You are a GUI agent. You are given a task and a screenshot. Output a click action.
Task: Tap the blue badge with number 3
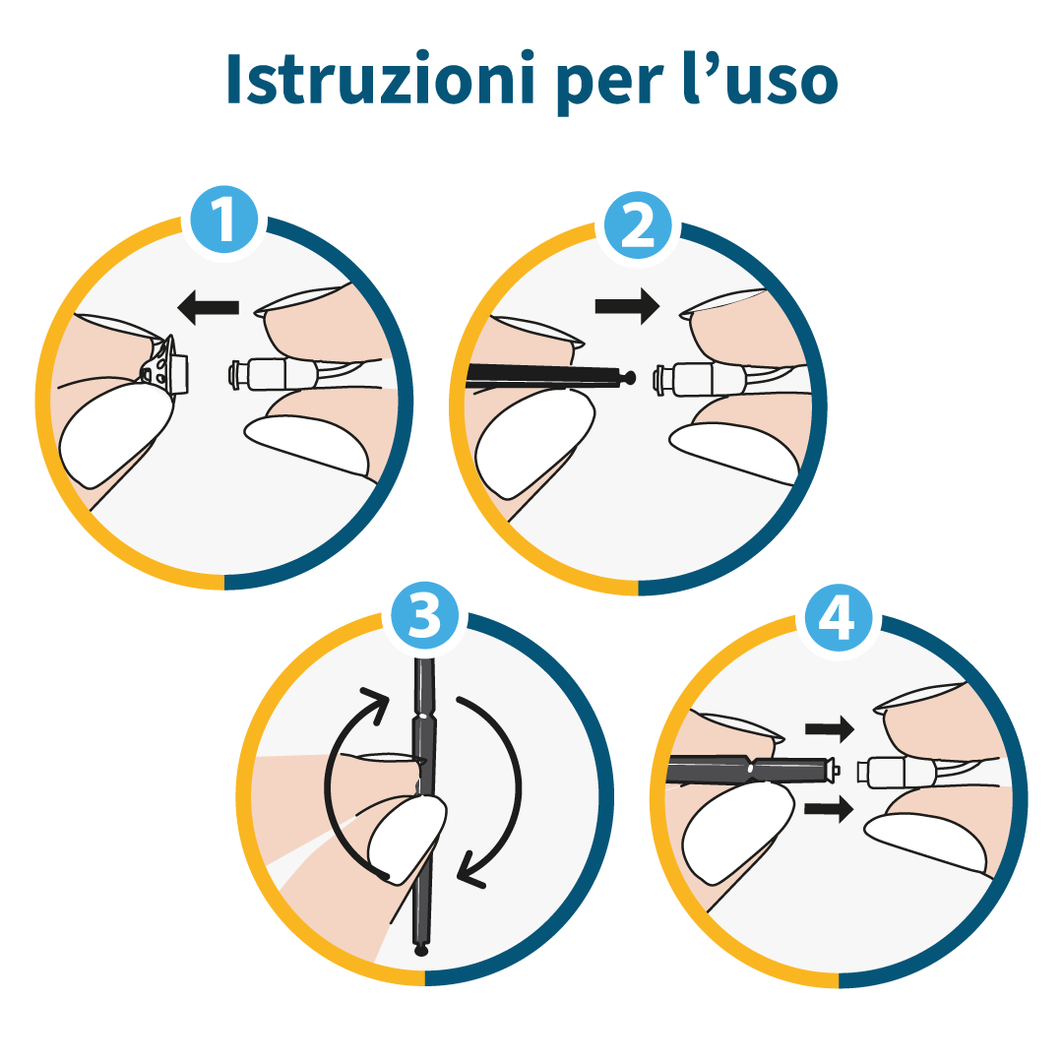[x=424, y=617]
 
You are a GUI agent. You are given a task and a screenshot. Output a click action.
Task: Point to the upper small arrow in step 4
[x=829, y=729]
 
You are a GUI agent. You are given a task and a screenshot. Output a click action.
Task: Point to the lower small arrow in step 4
[x=829, y=810]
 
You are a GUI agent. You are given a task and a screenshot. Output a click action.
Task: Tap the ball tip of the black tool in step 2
[x=631, y=376]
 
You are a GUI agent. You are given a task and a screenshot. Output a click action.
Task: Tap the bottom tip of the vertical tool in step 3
[x=421, y=950]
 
